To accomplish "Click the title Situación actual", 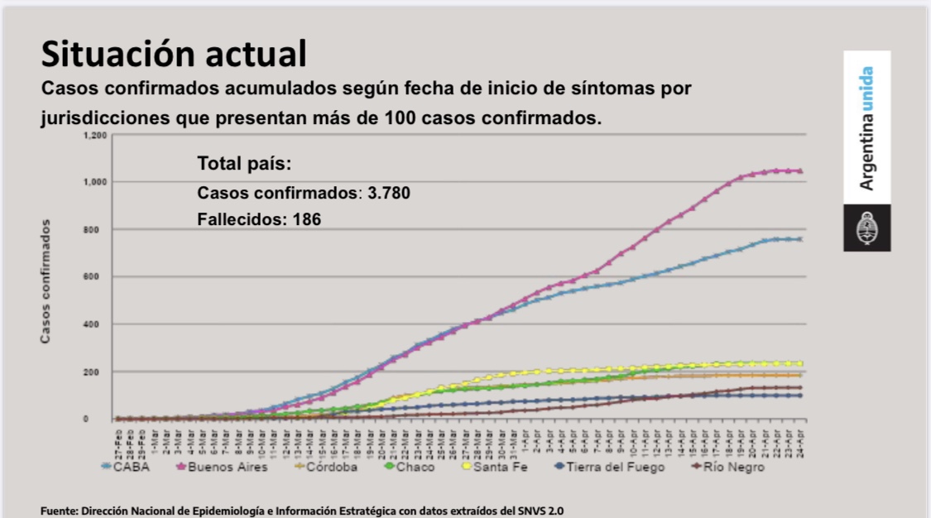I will [x=174, y=54].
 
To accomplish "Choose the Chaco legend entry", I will [x=415, y=468].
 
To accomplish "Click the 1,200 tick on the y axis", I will [x=95, y=135].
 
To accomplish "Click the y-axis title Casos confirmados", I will [x=47, y=281].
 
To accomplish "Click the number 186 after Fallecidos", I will [x=305, y=219].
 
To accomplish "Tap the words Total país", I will [x=245, y=163].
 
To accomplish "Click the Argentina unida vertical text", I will [x=866, y=128].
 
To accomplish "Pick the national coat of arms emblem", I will [x=866, y=228].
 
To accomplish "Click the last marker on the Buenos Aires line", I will [x=800, y=171].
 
